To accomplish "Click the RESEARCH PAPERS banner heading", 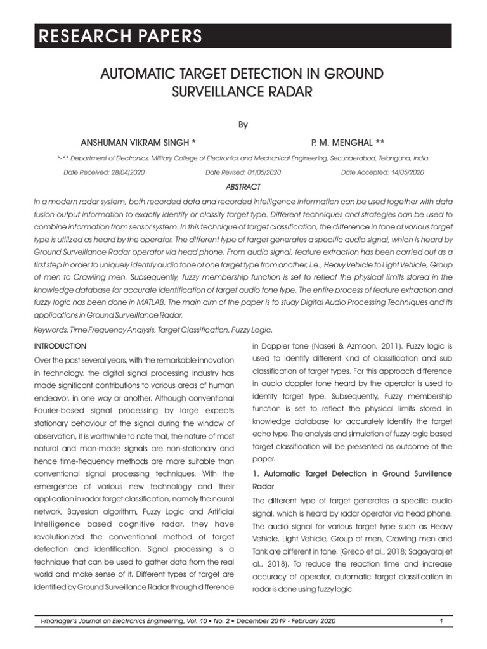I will point(119,36).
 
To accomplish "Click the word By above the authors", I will point(243,125).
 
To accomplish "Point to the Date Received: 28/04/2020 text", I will point(105,172).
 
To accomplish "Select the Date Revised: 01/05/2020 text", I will point(243,172).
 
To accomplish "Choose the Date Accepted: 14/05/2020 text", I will point(382,172).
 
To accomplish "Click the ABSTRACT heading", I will point(243,187).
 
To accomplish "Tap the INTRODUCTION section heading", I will point(60,346).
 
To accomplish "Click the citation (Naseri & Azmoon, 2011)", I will point(342,346).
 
